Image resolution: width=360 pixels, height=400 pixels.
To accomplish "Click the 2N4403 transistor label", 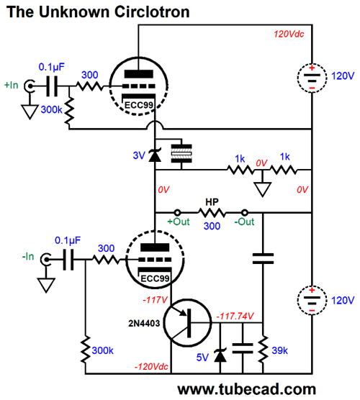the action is (x=144, y=323).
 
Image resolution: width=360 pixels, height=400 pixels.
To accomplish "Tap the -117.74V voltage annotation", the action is (x=235, y=316).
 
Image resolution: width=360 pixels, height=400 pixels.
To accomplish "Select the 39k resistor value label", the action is (x=279, y=350).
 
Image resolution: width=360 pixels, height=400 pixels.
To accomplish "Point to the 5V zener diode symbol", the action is (x=220, y=355).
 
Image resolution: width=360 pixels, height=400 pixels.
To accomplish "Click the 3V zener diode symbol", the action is (x=155, y=155).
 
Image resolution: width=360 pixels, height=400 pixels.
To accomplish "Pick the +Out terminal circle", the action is (x=177, y=212).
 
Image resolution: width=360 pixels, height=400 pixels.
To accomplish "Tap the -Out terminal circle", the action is (x=245, y=212).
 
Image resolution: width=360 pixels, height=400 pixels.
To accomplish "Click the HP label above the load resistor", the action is (x=212, y=202).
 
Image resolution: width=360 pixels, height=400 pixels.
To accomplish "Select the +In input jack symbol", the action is (x=30, y=86).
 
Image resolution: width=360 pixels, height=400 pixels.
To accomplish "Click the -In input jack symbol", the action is (x=46, y=260).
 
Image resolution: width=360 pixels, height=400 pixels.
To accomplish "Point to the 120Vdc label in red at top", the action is (x=289, y=34).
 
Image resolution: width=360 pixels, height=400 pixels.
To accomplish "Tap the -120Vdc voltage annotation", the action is (x=151, y=367).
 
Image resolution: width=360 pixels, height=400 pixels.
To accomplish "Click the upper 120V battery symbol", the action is (x=312, y=78).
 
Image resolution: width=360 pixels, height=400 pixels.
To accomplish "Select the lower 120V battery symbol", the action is (x=312, y=300).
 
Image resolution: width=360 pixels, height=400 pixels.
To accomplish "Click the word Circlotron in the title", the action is (x=152, y=12).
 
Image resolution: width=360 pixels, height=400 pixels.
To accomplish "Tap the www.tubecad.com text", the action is (x=247, y=389).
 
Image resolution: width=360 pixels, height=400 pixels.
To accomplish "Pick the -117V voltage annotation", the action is (x=155, y=300).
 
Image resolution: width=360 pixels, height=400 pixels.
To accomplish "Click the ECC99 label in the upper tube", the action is (x=139, y=105).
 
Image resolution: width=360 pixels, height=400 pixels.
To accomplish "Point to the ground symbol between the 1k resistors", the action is (x=262, y=188).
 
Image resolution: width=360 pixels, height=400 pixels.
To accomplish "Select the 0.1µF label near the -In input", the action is (x=68, y=240).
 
